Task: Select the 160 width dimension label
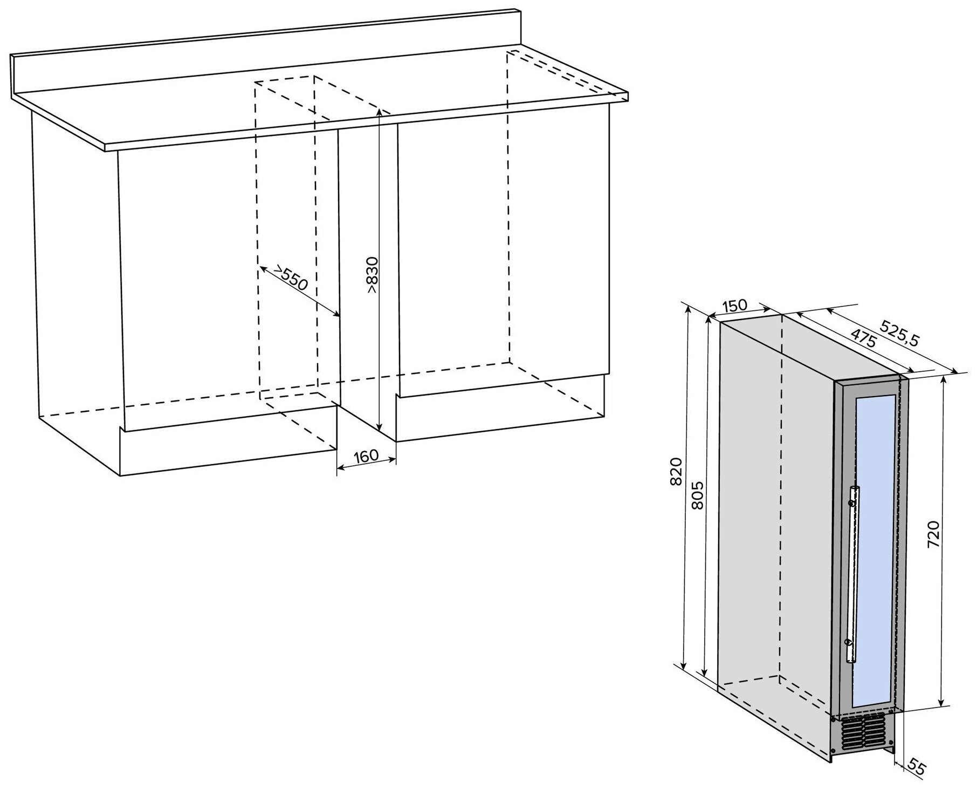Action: (x=366, y=456)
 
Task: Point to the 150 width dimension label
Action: (x=735, y=306)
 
